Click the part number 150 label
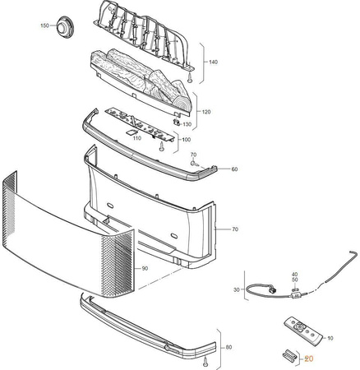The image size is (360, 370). click(x=44, y=25)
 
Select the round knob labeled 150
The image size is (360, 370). click(x=65, y=27)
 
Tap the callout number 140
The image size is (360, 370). click(x=213, y=62)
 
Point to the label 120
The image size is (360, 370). click(x=206, y=112)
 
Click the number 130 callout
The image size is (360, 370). click(x=187, y=124)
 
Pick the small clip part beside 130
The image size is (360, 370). click(x=177, y=122)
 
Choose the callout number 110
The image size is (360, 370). click(x=137, y=138)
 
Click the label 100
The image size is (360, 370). click(x=187, y=140)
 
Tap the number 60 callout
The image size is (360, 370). click(x=234, y=169)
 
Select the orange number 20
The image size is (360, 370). click(x=309, y=358)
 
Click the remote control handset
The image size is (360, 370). click(x=303, y=331)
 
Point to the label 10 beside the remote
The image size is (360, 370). click(x=330, y=339)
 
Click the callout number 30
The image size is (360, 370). click(x=237, y=289)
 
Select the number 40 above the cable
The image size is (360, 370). click(x=294, y=275)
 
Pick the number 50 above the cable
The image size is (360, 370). click(x=294, y=280)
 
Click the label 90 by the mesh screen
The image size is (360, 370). click(x=145, y=269)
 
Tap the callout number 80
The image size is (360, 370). click(x=228, y=348)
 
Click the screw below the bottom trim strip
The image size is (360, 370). click(x=205, y=362)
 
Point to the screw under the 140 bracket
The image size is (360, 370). click(x=190, y=78)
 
